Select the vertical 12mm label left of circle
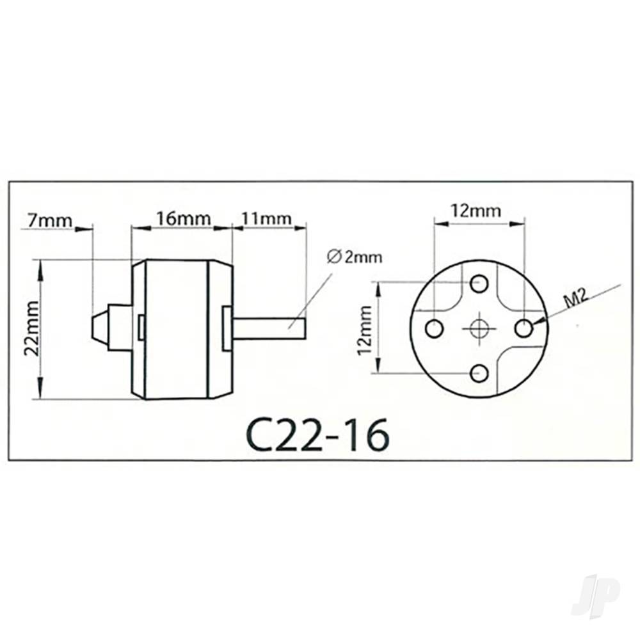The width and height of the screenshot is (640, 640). point(366,329)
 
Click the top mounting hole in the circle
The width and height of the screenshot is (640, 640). point(479,283)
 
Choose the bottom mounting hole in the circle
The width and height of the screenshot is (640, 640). point(479,372)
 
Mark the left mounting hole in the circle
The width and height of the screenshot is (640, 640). point(435,329)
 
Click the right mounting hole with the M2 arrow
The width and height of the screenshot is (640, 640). point(524,329)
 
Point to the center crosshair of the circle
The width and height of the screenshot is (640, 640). point(479,329)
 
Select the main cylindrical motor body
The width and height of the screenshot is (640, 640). point(177,329)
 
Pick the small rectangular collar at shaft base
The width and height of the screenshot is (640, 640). point(226,328)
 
